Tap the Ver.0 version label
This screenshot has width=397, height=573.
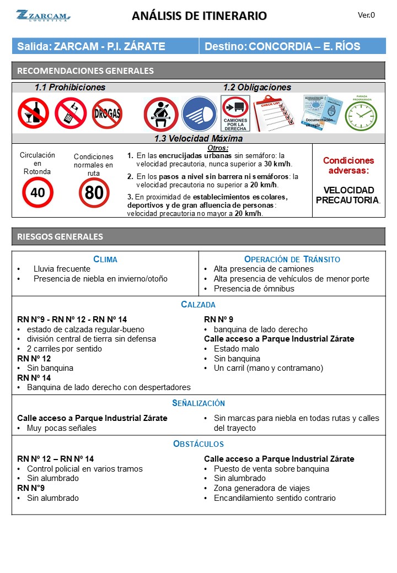point(366,15)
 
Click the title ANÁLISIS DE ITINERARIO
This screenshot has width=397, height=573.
point(199,16)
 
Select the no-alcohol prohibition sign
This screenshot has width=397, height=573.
point(33,113)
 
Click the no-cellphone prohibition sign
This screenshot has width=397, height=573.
point(70,113)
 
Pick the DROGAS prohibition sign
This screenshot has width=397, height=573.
point(107,113)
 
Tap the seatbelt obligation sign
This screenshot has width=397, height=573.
point(160,114)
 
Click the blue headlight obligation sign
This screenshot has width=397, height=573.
point(199,114)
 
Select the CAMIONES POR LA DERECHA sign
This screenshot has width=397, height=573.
point(235,113)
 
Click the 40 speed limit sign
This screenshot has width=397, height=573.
point(37,192)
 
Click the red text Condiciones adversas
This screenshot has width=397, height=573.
point(348,165)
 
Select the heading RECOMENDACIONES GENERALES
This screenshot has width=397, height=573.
point(85,71)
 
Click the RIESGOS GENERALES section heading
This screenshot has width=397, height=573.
point(60,236)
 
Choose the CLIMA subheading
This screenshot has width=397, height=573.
point(105,259)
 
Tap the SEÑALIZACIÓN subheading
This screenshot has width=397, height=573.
point(198,403)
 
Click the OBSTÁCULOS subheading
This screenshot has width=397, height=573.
point(198,444)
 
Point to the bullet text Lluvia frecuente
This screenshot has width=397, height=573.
point(62,269)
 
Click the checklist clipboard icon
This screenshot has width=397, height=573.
point(275,113)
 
